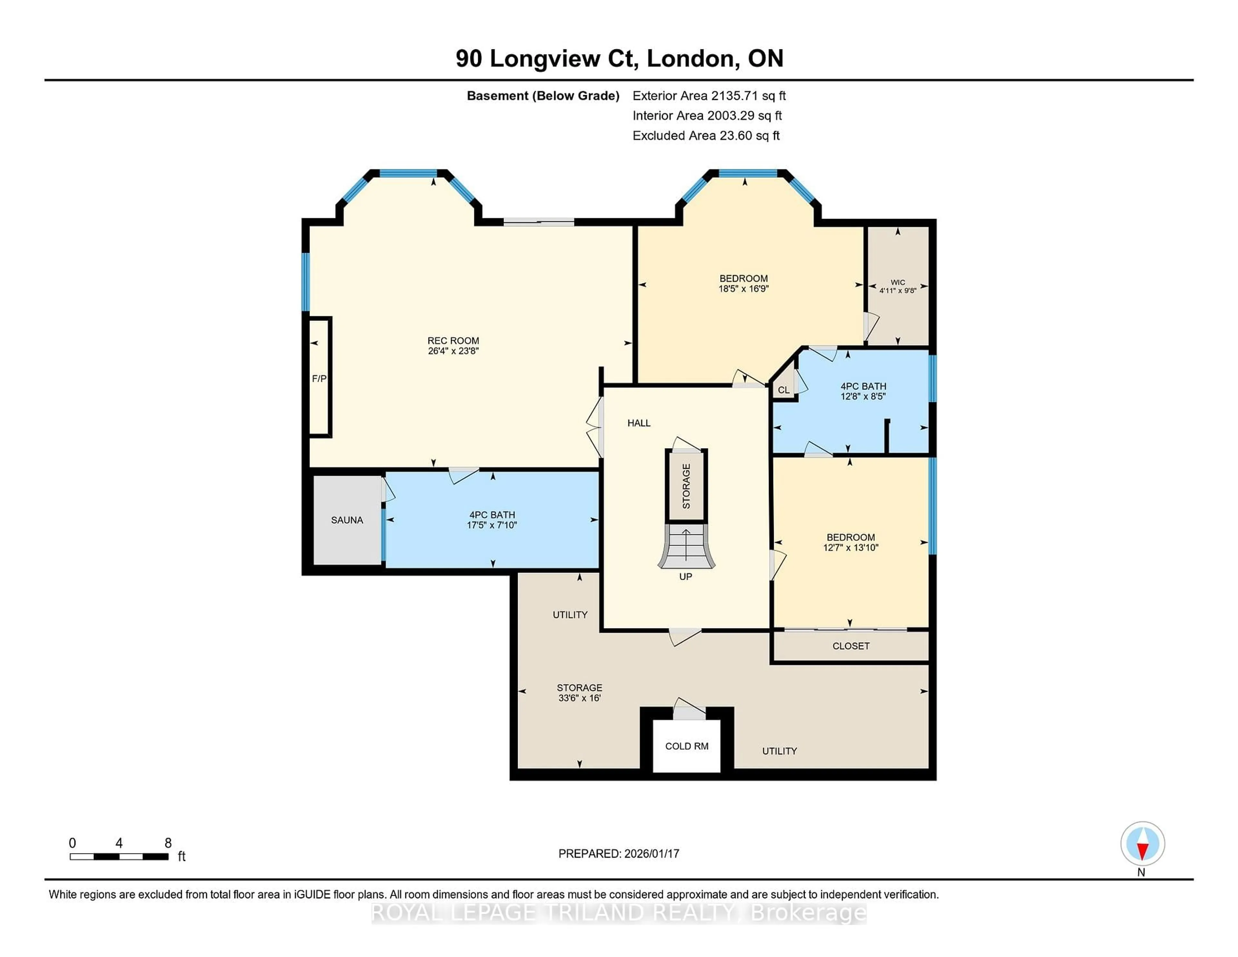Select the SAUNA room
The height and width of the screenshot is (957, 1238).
[x=347, y=520]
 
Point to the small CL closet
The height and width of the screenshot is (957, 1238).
[x=783, y=390]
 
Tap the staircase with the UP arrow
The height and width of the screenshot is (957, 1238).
[x=686, y=547]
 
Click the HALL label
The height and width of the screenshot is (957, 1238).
[x=639, y=423]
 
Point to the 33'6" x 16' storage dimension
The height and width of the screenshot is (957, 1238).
[x=579, y=698]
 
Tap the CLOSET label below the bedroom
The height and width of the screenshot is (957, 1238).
[x=850, y=646]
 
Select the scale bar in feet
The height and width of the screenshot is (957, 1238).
[x=119, y=856]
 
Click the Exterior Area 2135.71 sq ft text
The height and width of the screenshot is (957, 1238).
[x=709, y=96]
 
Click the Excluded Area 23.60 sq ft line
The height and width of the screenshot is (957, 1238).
[x=706, y=135]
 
